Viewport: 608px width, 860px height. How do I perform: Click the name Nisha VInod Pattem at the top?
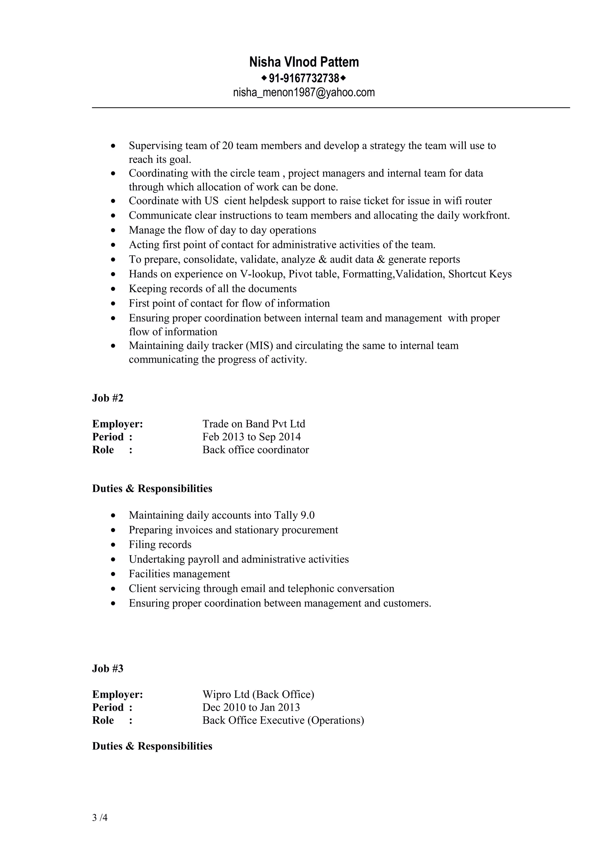(x=304, y=62)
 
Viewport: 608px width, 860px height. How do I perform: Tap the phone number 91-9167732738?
(x=304, y=78)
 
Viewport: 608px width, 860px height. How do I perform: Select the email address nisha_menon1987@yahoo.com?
(x=304, y=93)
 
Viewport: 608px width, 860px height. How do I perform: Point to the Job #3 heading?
(x=107, y=669)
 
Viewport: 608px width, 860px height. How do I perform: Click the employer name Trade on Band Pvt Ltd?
(x=254, y=424)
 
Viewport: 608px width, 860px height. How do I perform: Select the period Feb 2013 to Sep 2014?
(x=251, y=437)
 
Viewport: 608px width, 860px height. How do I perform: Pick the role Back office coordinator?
(x=256, y=450)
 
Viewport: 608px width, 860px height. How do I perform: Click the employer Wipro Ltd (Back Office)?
(x=258, y=695)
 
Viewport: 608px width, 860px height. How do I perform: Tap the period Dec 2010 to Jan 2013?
(x=251, y=707)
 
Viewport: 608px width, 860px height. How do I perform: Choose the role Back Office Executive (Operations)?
(x=283, y=720)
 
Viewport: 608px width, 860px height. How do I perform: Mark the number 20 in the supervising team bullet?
(x=228, y=146)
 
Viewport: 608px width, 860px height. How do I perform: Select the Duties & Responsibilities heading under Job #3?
(x=152, y=746)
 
